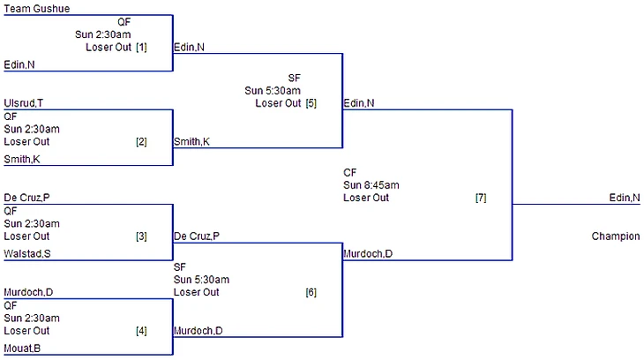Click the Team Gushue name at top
click(37, 9)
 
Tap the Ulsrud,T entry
click(23, 103)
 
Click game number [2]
click(141, 141)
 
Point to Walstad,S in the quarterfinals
click(28, 254)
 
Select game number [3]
click(141, 236)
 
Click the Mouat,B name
click(22, 349)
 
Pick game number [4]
click(141, 331)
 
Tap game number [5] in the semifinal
click(311, 103)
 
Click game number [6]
click(311, 292)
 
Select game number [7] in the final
click(481, 198)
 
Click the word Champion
click(616, 236)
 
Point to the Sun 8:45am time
click(371, 185)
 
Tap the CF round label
click(349, 173)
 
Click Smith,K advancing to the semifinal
click(191, 141)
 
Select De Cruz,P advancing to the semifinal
click(197, 236)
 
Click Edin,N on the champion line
click(625, 198)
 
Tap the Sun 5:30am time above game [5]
click(273, 90)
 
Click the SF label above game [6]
click(180, 266)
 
